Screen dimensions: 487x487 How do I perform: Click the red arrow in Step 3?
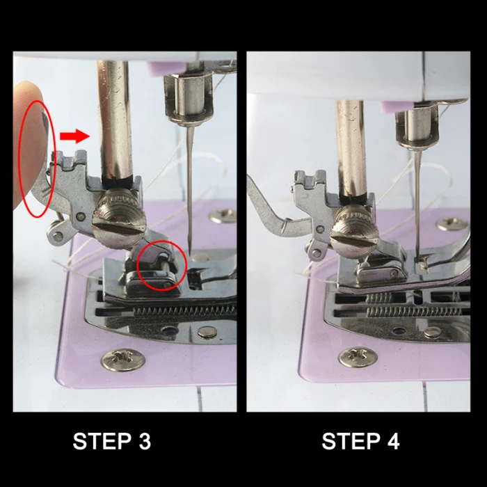pyautogui.click(x=75, y=136)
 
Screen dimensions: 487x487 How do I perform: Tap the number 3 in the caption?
pyautogui.click(x=145, y=441)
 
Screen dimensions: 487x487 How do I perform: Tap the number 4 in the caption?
pyautogui.click(x=393, y=441)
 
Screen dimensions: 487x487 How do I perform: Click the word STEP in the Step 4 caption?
pyautogui.click(x=351, y=441)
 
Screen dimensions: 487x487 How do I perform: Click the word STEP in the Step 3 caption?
pyautogui.click(x=102, y=441)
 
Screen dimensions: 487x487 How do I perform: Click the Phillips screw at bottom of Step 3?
pyautogui.click(x=123, y=360)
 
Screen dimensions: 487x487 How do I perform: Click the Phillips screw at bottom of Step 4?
pyautogui.click(x=358, y=356)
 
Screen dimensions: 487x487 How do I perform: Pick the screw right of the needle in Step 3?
pyautogui.click(x=223, y=216)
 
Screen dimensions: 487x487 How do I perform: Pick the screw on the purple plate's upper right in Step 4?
pyautogui.click(x=452, y=223)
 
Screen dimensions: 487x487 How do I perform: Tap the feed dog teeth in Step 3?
pyautogui.click(x=185, y=310)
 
